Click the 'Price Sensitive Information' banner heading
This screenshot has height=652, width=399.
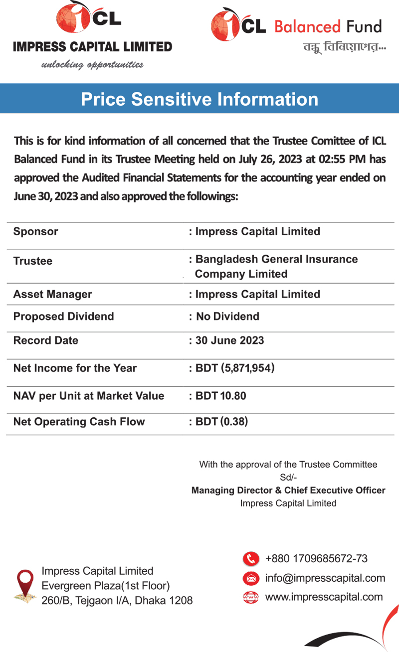click(199, 99)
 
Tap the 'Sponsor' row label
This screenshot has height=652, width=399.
click(35, 231)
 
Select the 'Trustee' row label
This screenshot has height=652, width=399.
click(32, 261)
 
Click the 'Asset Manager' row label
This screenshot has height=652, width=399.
click(52, 294)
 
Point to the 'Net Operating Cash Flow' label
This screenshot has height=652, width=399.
click(79, 422)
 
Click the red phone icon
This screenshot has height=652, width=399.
click(251, 559)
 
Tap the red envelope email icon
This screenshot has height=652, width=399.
click(251, 578)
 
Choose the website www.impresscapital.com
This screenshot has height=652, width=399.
click(324, 597)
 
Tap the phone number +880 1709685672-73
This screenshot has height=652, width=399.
click(316, 559)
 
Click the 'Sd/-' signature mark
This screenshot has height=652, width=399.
click(288, 478)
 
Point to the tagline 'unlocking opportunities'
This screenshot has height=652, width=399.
click(92, 65)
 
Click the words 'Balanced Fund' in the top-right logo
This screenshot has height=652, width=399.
click(328, 26)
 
